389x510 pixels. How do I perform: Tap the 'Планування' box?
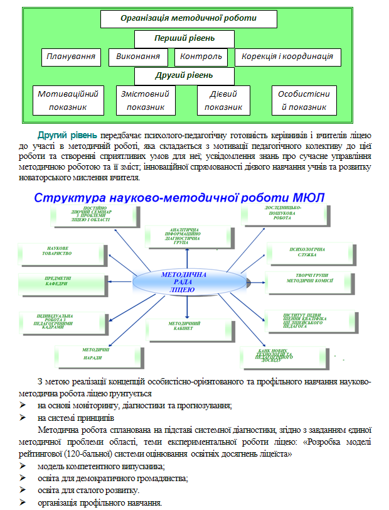[71, 57]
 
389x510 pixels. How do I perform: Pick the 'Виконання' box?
[138, 57]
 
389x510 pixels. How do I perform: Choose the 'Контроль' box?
[201, 57]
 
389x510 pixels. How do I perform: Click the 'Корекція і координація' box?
[287, 57]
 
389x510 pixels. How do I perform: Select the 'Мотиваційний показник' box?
[68, 100]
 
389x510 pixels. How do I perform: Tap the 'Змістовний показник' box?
[145, 100]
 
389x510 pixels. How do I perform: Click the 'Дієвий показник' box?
[223, 100]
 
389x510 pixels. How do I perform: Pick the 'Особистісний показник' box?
[304, 100]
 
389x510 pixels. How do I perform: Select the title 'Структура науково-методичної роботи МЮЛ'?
[179, 198]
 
